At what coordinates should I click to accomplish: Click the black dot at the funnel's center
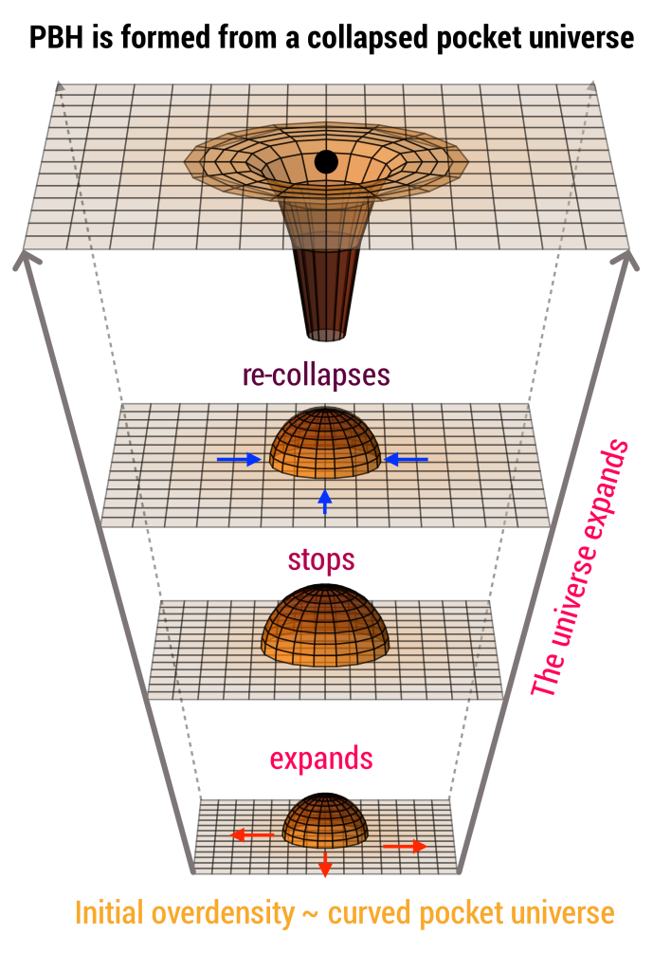(x=326, y=161)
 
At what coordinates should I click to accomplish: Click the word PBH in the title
(x=56, y=37)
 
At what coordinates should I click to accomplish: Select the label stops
(x=321, y=559)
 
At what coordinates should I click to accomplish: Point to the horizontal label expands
(x=321, y=759)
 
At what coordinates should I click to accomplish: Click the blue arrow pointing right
(x=239, y=459)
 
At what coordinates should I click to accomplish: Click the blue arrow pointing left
(x=406, y=459)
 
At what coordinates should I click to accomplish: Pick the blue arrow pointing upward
(x=325, y=501)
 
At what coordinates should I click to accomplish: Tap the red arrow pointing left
(x=252, y=835)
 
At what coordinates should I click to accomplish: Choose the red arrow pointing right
(x=405, y=846)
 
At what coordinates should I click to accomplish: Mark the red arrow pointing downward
(x=324, y=864)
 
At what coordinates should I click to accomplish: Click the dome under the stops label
(x=325, y=626)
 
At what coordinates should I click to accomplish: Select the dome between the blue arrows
(x=326, y=443)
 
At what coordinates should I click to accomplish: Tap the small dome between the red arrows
(x=325, y=820)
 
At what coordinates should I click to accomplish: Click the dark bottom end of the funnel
(x=326, y=335)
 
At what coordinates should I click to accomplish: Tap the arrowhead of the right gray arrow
(x=627, y=260)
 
